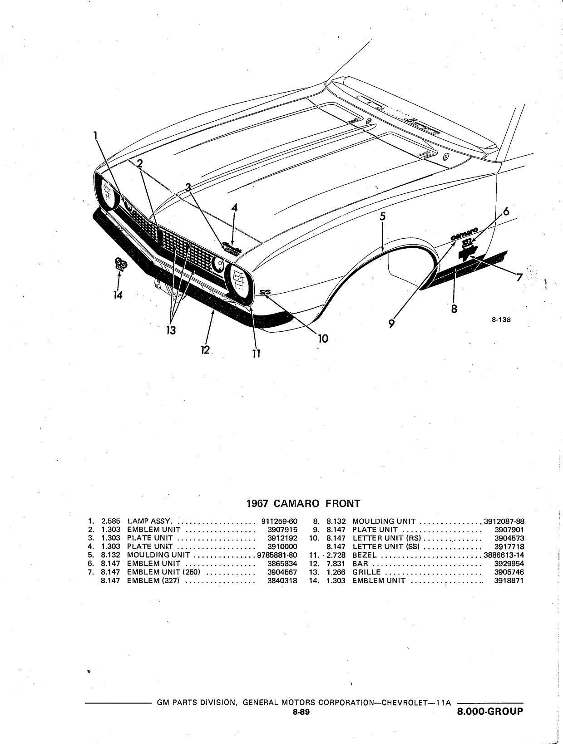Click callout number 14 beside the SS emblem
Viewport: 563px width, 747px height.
click(118, 295)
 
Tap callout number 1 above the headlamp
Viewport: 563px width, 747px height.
click(96, 136)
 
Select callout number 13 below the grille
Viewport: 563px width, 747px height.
click(171, 330)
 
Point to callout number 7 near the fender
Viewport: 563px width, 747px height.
click(519, 278)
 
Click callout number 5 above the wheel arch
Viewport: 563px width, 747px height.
click(383, 216)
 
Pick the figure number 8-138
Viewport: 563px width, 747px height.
click(501, 320)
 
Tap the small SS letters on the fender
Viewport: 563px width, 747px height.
click(265, 292)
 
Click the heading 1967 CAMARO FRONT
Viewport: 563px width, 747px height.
click(303, 504)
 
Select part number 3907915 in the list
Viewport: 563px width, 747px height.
click(282, 530)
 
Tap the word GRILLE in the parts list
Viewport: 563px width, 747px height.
click(366, 572)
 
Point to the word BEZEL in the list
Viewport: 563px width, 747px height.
click(365, 555)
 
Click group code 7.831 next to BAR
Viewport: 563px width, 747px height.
click(336, 564)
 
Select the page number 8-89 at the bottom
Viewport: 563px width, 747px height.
click(301, 722)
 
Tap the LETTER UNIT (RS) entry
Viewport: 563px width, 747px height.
click(387, 538)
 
